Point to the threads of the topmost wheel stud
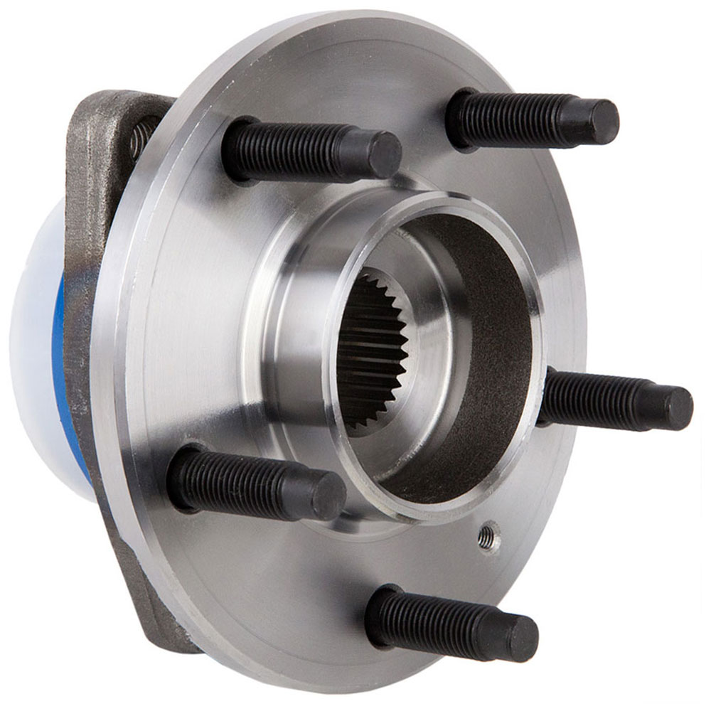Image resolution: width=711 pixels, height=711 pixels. click(512, 119)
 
